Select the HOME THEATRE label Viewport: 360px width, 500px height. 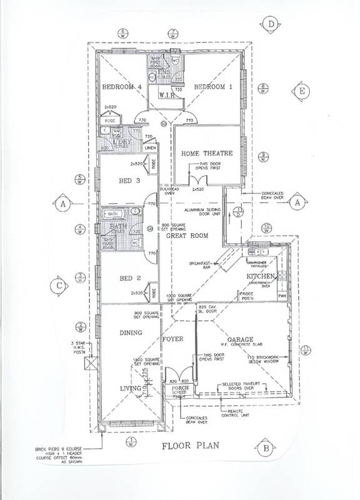point(207,153)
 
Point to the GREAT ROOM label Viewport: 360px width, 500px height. point(190,236)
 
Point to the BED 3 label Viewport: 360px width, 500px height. point(129,181)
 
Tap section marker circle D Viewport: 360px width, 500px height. point(271,24)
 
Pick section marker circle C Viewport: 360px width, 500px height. point(58,286)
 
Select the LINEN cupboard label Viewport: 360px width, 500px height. point(150,147)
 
